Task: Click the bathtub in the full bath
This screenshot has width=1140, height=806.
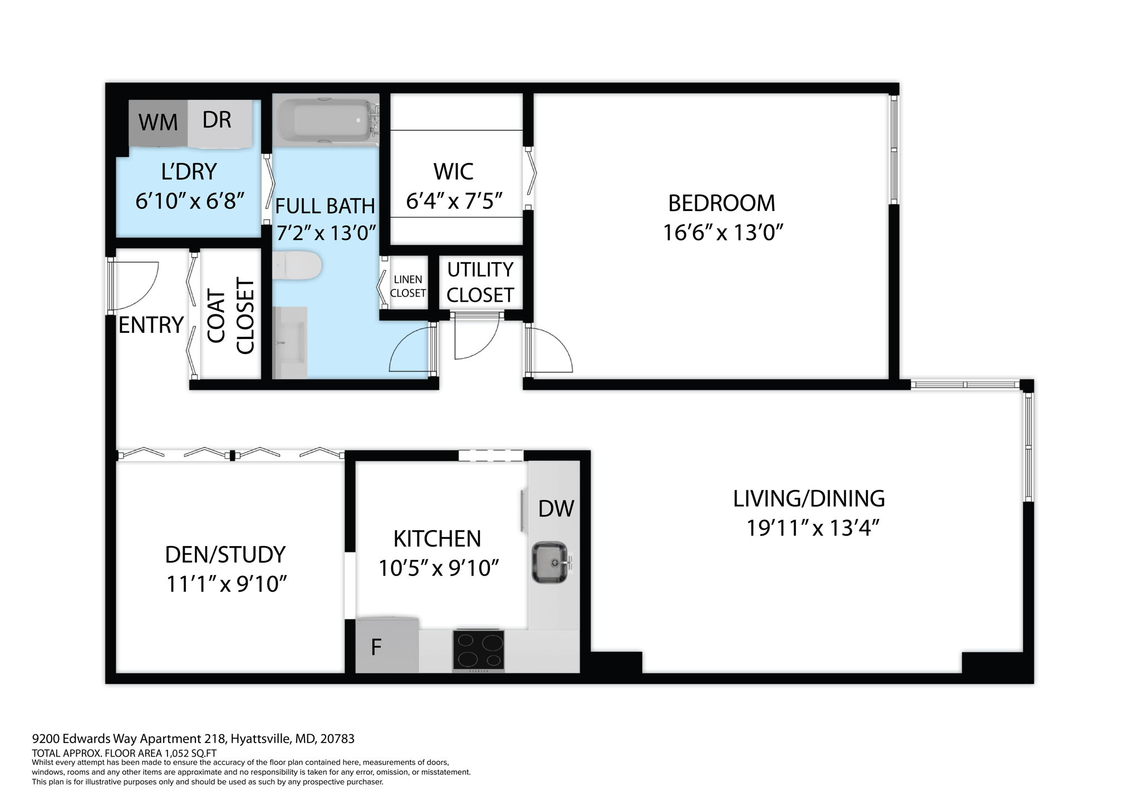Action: pos(326,120)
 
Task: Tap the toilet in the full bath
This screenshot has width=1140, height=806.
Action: pos(298,266)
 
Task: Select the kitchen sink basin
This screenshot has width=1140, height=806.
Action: pos(549,563)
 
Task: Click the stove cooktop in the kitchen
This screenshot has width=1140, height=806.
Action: pos(479,649)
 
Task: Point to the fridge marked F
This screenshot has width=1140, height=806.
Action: pos(387,646)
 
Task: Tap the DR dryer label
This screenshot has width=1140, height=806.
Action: pos(217,120)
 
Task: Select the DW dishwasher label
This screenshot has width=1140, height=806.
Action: pos(556,508)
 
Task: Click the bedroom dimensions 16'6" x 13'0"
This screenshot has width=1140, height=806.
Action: pos(723,233)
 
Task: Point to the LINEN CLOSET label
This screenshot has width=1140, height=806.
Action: pos(408,286)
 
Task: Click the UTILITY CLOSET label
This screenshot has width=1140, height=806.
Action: pos(480,282)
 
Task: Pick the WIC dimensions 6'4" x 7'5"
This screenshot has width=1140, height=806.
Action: pos(454,200)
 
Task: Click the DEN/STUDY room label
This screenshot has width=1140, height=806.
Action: pos(225,554)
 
